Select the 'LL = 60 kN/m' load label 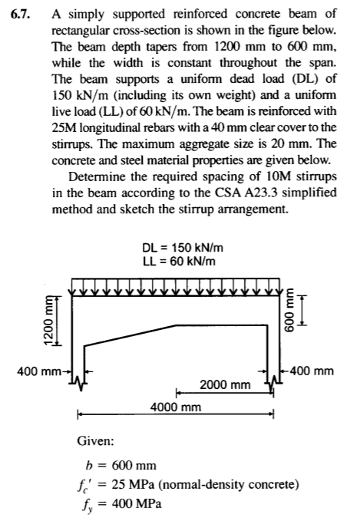coord(179,261)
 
